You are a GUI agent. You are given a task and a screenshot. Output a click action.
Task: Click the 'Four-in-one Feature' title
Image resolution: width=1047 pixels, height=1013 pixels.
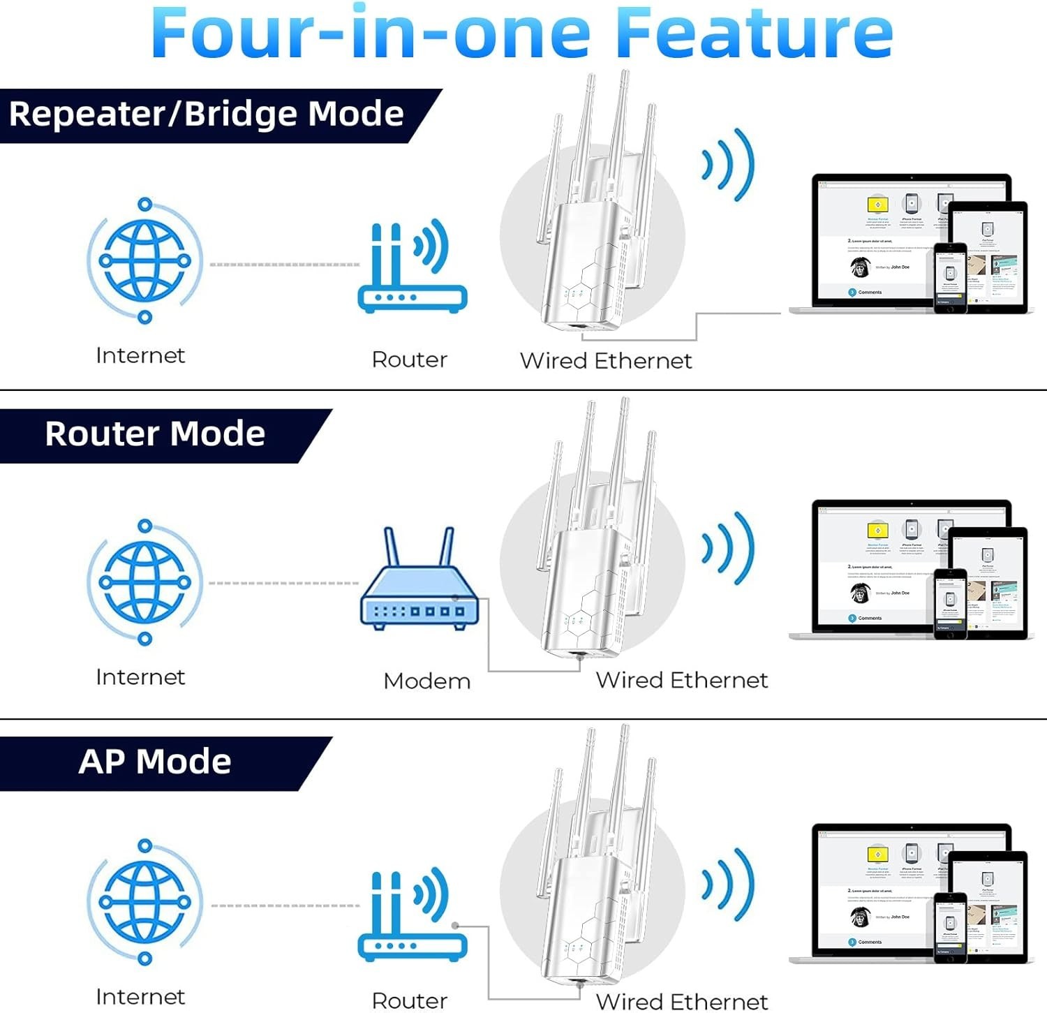coord(521,34)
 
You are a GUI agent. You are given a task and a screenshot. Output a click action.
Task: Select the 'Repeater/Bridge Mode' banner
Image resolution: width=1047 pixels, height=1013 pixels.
coord(206,114)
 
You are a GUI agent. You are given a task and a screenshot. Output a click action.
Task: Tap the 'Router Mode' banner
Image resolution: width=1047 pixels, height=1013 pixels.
coord(155,434)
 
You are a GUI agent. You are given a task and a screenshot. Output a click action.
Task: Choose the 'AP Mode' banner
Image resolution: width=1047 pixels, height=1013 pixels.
coord(154,762)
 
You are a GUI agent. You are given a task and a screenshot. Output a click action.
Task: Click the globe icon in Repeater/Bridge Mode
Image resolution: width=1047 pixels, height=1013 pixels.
coord(144,261)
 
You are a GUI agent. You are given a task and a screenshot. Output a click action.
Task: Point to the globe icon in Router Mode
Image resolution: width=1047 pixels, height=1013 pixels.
coord(144,582)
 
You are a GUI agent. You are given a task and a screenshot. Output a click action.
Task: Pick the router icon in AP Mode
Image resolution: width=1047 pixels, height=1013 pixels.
coord(412,915)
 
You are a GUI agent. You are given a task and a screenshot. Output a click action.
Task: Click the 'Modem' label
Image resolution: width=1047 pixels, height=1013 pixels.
coord(426,681)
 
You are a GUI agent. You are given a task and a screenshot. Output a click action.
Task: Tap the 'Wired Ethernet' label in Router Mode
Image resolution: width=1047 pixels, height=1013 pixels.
coord(681,680)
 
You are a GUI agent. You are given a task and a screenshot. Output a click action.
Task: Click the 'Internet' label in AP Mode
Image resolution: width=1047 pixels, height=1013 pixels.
coord(140,997)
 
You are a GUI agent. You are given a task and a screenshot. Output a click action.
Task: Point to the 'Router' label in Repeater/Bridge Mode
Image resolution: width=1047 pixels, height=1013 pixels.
coord(409,360)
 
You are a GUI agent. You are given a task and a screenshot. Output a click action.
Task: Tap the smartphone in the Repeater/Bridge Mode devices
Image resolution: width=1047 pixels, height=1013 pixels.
coord(950,278)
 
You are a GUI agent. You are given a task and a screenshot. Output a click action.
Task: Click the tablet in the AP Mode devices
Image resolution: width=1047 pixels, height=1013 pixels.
coord(988,901)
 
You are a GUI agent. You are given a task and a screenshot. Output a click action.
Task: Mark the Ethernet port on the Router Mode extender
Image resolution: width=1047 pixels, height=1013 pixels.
coord(578,656)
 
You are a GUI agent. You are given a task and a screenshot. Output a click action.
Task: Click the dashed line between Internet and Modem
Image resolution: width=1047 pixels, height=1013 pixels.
coord(283,583)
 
